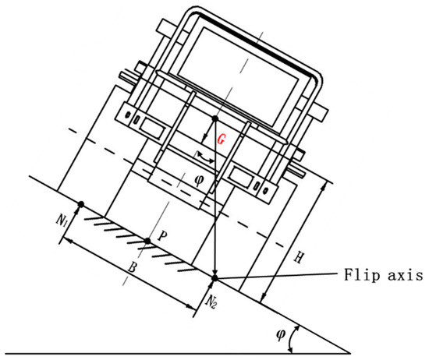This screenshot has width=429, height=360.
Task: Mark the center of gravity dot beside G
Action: (214, 118)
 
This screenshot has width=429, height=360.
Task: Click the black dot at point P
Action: (147, 240)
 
